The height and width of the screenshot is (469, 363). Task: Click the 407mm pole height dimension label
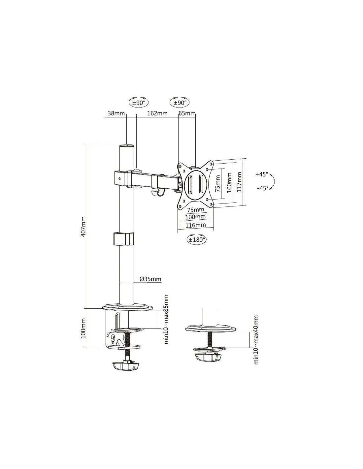coord(83,227)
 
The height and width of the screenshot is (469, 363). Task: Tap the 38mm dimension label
coord(116,113)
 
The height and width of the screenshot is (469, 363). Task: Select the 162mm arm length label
coord(157,113)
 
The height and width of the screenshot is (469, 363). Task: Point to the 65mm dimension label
coord(187,113)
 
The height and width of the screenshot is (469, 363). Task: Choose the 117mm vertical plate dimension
coord(239,182)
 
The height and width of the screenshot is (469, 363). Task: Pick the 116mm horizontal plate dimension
coord(196,225)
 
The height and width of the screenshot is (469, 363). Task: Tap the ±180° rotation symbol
coord(196,240)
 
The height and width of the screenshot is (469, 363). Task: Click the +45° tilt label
coord(261,174)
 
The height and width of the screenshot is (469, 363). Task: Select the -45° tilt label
coord(263,188)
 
